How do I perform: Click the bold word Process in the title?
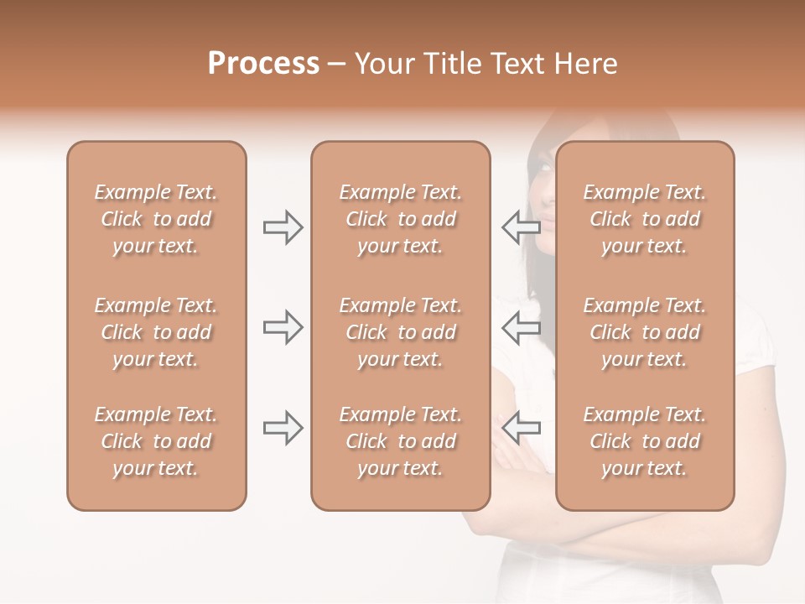pos(263,64)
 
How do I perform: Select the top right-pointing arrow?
pos(283,227)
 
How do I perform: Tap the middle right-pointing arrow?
pos(283,326)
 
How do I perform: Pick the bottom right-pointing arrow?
pos(283,428)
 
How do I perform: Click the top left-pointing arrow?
pos(521,226)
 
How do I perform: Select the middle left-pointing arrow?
pos(521,326)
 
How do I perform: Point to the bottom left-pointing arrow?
pos(521,428)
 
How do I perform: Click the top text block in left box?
pos(156,219)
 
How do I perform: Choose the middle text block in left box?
pos(156,332)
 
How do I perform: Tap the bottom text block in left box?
pos(156,441)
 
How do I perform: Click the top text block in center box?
pos(400,219)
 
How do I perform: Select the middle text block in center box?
pos(400,332)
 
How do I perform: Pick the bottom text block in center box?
pos(400,441)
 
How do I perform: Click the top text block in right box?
pos(644,219)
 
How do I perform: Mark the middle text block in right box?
pos(644,332)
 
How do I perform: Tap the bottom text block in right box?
pos(644,441)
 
